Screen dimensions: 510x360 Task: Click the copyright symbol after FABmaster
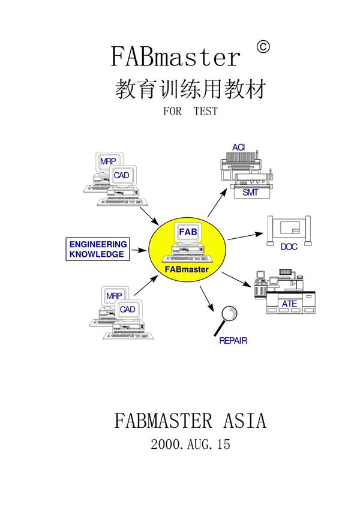(x=262, y=47)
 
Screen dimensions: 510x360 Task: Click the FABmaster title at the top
(x=176, y=57)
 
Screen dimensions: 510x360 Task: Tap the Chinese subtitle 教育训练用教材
(x=189, y=89)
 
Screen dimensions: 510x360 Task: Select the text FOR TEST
(x=190, y=111)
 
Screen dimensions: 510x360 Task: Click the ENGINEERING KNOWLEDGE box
(x=98, y=249)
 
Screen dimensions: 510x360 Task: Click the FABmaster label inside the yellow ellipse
(x=187, y=269)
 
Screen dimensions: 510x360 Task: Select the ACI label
(x=239, y=148)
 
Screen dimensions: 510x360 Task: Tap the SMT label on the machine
(x=250, y=193)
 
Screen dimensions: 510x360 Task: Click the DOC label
(x=289, y=246)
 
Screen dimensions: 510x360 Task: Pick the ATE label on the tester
(x=289, y=304)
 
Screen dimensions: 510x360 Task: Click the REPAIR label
(x=233, y=341)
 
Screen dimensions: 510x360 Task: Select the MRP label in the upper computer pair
(x=108, y=161)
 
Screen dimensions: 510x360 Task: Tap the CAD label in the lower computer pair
(x=127, y=309)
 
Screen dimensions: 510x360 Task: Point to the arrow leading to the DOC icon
(x=247, y=235)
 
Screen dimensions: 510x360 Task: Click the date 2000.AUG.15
(x=190, y=445)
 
